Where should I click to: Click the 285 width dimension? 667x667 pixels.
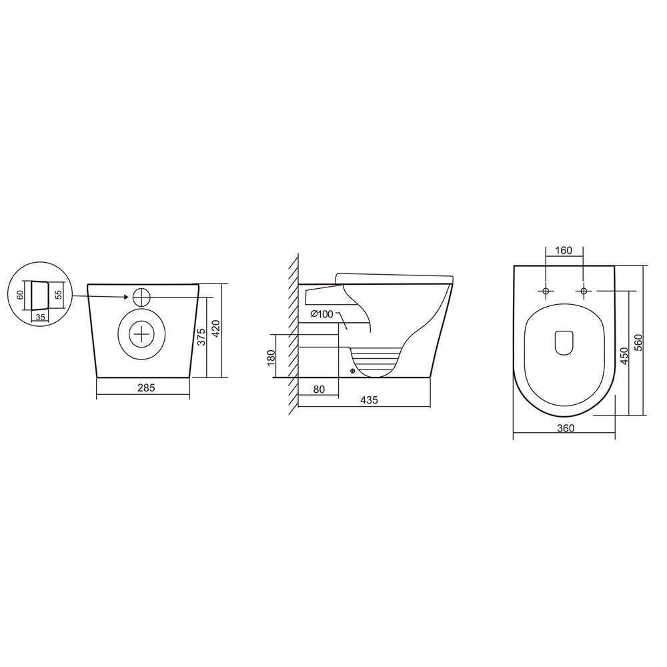pos(146,388)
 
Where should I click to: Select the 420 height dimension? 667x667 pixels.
pos(215,328)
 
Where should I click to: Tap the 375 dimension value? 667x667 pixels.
pos(201,337)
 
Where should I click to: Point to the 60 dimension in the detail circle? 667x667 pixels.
pos(20,295)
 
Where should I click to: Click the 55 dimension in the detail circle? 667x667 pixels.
pos(59,295)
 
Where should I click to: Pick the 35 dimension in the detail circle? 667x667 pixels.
pos(41,317)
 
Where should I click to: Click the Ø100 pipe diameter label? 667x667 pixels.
pos(322,314)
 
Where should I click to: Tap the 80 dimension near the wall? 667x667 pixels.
pos(319,390)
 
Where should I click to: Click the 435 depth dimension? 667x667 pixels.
pos(369,400)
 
